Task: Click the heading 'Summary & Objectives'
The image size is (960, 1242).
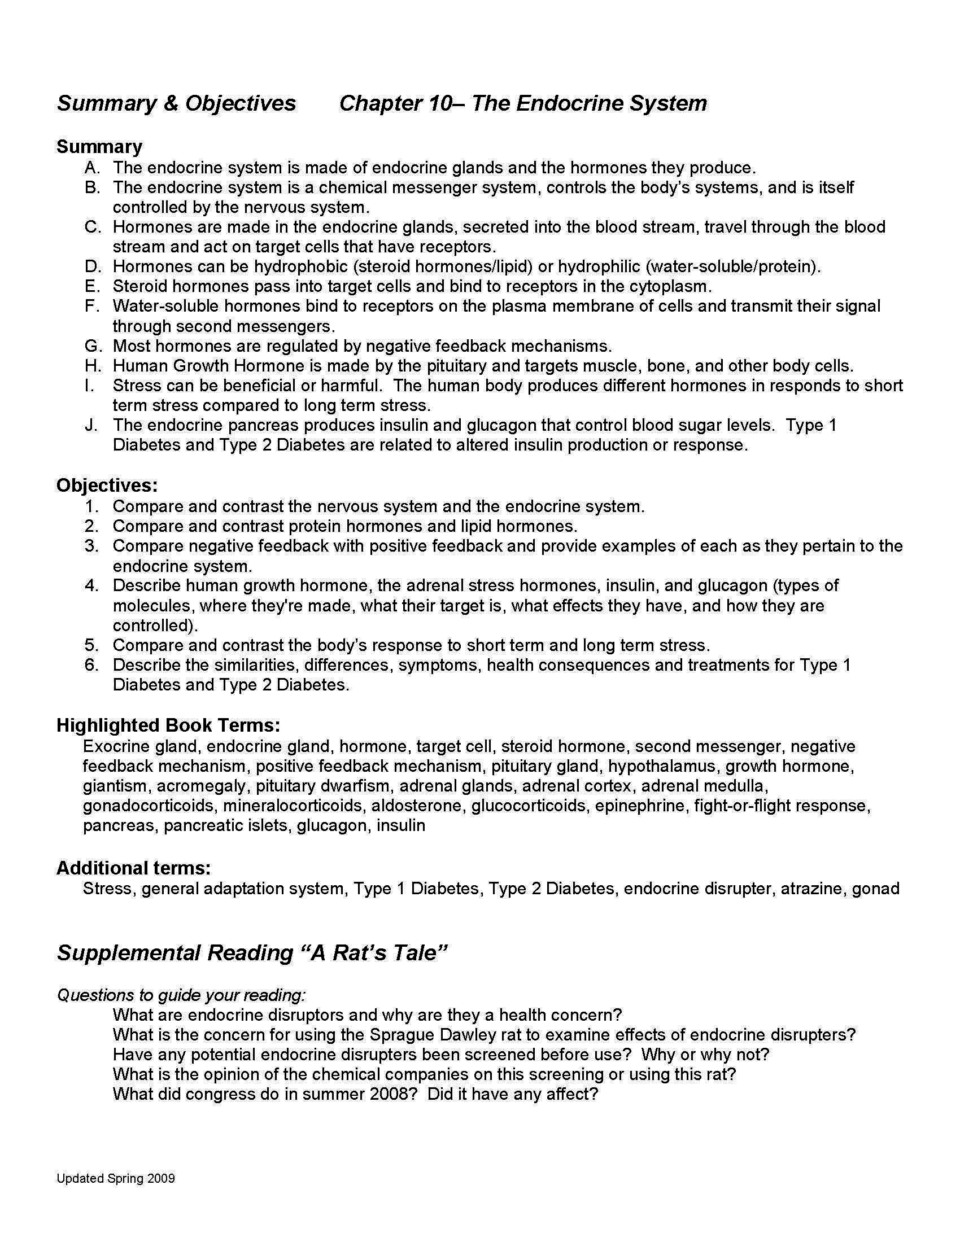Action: (176, 103)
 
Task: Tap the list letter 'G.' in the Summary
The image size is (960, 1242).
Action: (93, 346)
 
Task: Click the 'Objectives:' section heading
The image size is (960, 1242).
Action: (107, 485)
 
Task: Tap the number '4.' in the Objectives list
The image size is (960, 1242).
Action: (93, 585)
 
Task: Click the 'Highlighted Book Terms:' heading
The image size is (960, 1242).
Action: (168, 725)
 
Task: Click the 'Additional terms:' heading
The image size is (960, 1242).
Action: (134, 868)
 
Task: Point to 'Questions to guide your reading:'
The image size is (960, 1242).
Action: (181, 995)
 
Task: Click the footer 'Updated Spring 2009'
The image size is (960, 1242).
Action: (115, 1178)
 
